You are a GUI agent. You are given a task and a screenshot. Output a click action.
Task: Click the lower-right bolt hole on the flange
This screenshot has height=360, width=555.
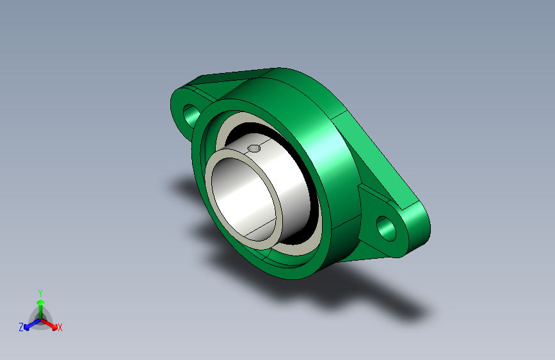[x=386, y=229]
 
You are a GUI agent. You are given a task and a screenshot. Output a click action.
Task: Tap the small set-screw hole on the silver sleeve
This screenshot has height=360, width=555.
[x=254, y=148]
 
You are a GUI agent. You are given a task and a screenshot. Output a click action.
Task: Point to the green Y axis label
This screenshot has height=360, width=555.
[x=40, y=293]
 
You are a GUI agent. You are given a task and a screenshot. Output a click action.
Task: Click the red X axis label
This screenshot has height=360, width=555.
[x=60, y=328]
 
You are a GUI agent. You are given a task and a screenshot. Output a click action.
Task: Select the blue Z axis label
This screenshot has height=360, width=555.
[x=21, y=327]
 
